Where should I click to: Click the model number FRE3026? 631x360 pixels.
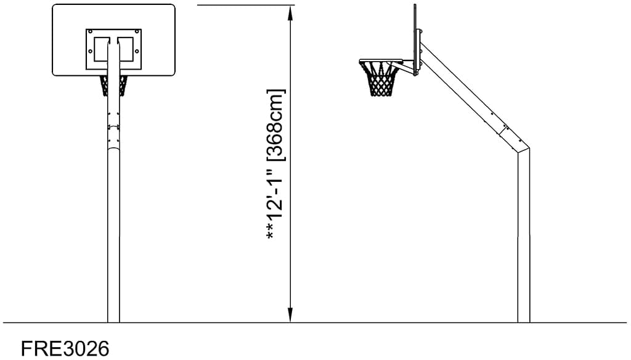tap(65, 348)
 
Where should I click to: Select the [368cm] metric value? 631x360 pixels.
tap(276, 125)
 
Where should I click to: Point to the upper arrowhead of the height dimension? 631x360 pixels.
tap(290, 12)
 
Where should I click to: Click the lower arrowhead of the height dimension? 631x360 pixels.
tap(290, 315)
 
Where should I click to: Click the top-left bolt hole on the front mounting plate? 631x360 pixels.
tap(91, 32)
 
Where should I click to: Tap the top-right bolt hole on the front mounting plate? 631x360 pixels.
tap(137, 32)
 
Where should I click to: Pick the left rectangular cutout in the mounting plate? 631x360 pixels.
tap(102, 49)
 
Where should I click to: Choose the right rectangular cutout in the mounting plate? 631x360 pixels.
tap(125, 49)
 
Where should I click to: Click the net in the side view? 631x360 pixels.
tap(380, 80)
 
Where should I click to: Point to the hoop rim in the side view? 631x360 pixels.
tap(381, 62)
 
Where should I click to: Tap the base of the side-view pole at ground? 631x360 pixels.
tap(524, 321)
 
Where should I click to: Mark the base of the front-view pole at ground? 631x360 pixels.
tap(113, 321)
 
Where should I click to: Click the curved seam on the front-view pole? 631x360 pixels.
tap(113, 149)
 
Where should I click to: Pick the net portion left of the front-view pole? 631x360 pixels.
tap(104, 86)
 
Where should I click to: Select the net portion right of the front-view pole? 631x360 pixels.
tap(123, 86)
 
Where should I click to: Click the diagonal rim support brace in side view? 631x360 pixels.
tap(407, 69)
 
